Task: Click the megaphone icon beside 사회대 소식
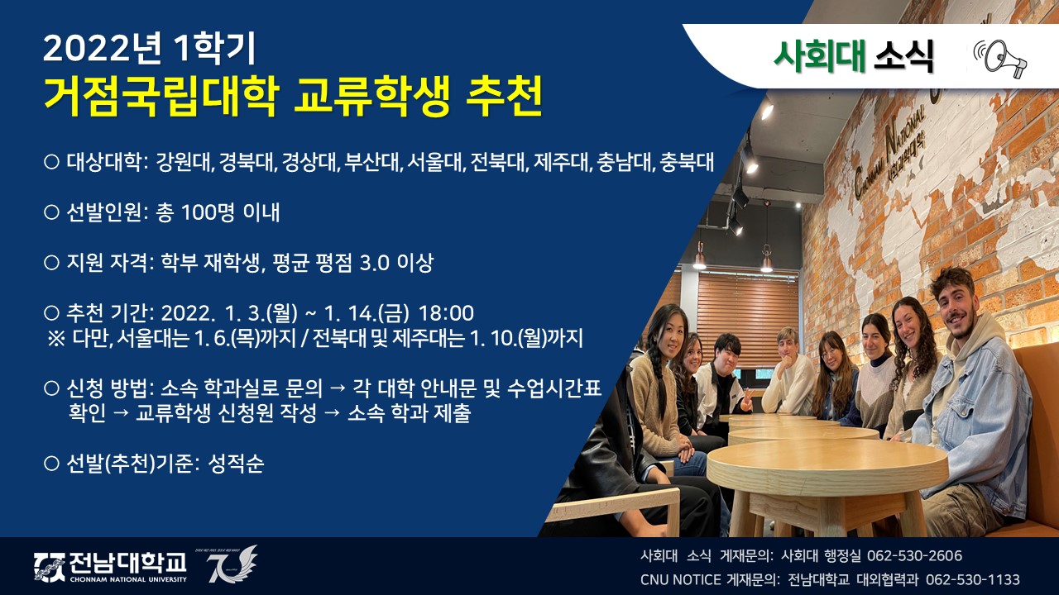pyautogui.click(x=999, y=58)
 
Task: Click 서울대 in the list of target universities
pyautogui.click(x=434, y=162)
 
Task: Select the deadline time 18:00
pyautogui.click(x=446, y=313)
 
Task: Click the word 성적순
pyautogui.click(x=236, y=464)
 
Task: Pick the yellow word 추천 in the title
pyautogui.click(x=504, y=97)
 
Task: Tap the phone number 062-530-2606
pyautogui.click(x=914, y=556)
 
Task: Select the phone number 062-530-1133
pyautogui.click(x=972, y=579)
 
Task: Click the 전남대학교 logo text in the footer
pyautogui.click(x=127, y=563)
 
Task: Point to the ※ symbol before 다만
pyautogui.click(x=56, y=339)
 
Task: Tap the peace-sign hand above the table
pyautogui.click(x=747, y=398)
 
